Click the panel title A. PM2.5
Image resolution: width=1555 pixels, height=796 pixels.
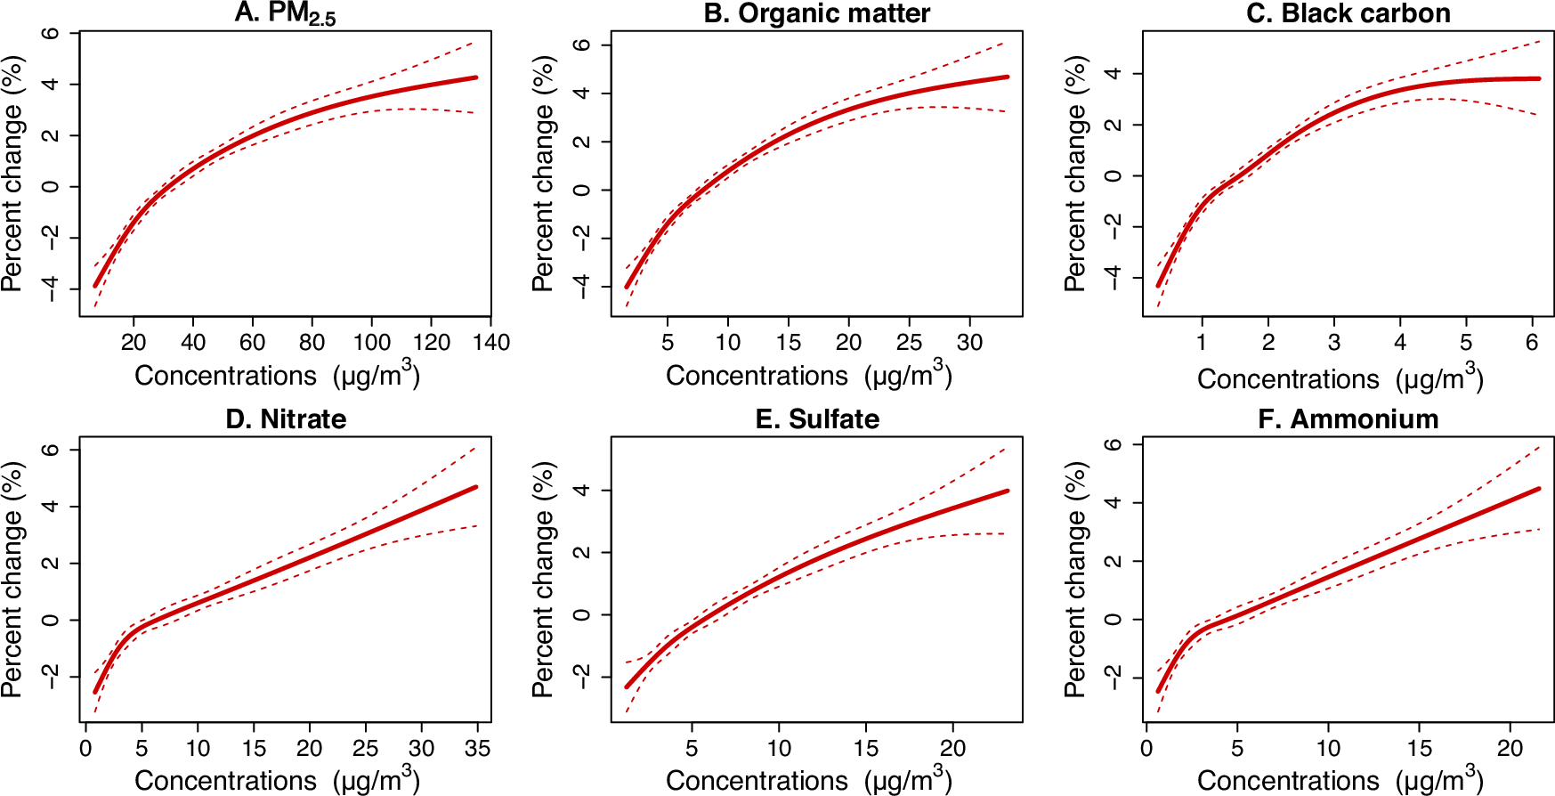tap(285, 13)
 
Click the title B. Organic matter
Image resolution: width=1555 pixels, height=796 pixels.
tap(816, 13)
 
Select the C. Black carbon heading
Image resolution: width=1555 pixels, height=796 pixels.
tap(1348, 13)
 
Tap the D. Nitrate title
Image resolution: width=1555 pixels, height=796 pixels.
tap(285, 418)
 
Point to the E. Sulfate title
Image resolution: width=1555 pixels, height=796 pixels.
tap(816, 418)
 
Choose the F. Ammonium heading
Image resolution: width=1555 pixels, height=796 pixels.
tap(1348, 418)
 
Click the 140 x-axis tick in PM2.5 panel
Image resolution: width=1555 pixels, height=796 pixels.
tap(490, 342)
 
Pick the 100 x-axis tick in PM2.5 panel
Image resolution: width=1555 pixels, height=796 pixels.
tap(371, 342)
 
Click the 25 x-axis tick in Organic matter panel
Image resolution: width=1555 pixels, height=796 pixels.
tap(909, 342)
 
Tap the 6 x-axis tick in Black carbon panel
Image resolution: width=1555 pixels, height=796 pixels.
tap(1531, 342)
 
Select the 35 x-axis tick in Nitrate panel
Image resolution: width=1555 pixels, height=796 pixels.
tap(477, 748)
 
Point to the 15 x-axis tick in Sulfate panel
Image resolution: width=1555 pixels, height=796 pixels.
tap(865, 748)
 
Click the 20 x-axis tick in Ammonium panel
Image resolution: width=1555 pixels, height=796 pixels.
tap(1510, 748)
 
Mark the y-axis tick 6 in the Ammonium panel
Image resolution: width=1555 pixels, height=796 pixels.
tap(1113, 444)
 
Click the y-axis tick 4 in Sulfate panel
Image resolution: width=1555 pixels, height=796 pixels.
tap(581, 491)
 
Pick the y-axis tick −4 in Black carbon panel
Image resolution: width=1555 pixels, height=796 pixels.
tap(1113, 278)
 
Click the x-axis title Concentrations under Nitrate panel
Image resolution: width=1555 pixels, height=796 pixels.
tap(225, 781)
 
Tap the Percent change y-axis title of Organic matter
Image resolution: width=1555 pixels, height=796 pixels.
tap(542, 174)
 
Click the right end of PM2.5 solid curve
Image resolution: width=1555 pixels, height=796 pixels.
tap(476, 77)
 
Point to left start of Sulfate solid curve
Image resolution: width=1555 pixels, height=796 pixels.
tap(627, 686)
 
